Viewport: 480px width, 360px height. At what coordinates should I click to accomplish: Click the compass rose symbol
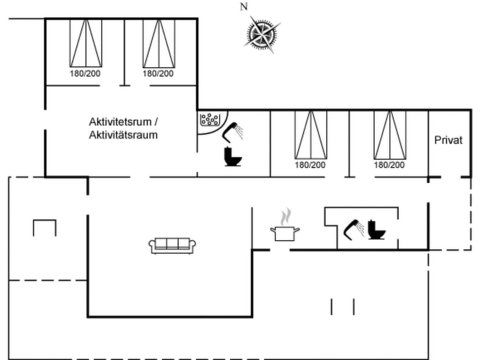click(x=262, y=34)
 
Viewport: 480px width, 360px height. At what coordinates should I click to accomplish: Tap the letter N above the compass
click(x=244, y=7)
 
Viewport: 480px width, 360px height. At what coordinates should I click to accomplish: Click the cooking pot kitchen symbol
click(x=285, y=233)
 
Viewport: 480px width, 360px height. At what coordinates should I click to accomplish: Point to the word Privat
click(x=448, y=140)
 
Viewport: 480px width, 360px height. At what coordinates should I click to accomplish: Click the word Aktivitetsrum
click(x=120, y=122)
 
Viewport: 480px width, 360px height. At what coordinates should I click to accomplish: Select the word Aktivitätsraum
click(x=123, y=135)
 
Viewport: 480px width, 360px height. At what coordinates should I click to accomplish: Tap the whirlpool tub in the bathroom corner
click(x=210, y=120)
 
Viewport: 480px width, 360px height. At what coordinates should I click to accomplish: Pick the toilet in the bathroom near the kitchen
click(x=376, y=230)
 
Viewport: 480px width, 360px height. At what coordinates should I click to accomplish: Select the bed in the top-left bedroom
click(x=86, y=43)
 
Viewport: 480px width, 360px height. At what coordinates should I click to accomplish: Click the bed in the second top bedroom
click(x=159, y=43)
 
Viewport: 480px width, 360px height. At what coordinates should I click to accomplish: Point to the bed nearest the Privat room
click(x=390, y=135)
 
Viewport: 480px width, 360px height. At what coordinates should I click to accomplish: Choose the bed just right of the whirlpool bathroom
click(x=311, y=135)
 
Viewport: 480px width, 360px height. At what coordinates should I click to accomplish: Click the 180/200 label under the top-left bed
click(x=85, y=73)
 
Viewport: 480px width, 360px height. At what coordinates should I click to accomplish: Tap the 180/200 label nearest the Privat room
click(x=389, y=165)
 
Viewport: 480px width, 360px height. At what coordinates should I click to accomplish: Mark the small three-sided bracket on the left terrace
click(x=45, y=227)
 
